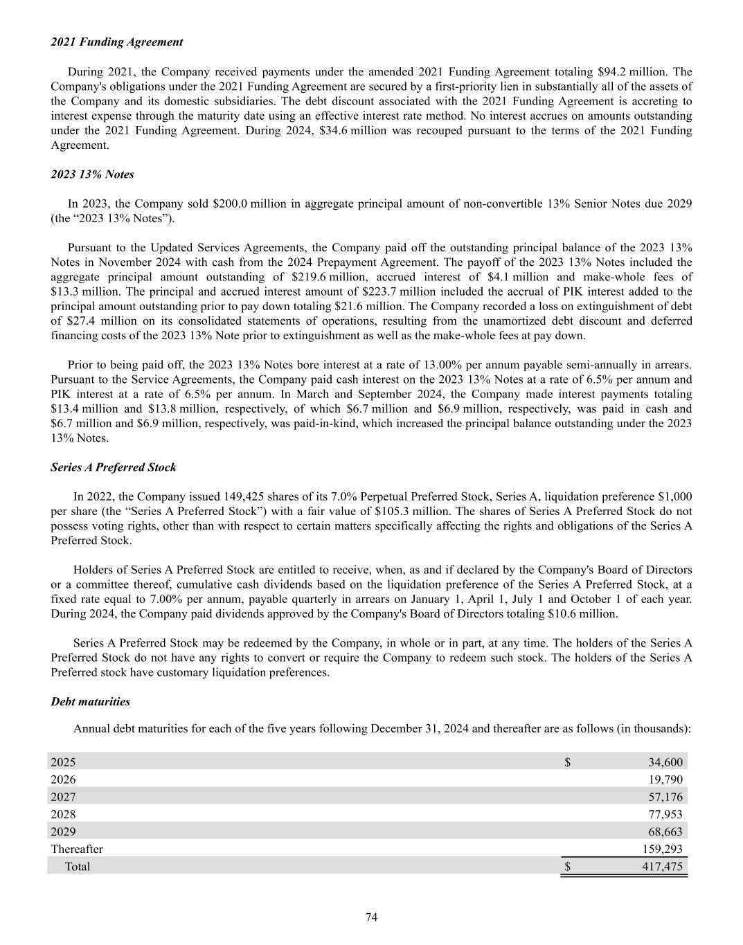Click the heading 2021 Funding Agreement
[x=117, y=42]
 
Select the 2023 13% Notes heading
[x=92, y=174]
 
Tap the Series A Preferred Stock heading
[x=114, y=467]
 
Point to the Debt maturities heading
[x=91, y=701]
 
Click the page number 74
[x=371, y=917]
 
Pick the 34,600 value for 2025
[x=665, y=762]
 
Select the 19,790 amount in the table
[x=665, y=780]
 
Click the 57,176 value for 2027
[x=665, y=797]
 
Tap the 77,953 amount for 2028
[x=665, y=814]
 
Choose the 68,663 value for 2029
[x=665, y=831]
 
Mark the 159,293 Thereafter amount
[x=662, y=849]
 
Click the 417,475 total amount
[x=662, y=866]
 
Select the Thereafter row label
[x=77, y=849]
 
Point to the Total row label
[x=78, y=866]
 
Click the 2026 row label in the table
[x=64, y=780]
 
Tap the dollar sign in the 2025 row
[x=567, y=762]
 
